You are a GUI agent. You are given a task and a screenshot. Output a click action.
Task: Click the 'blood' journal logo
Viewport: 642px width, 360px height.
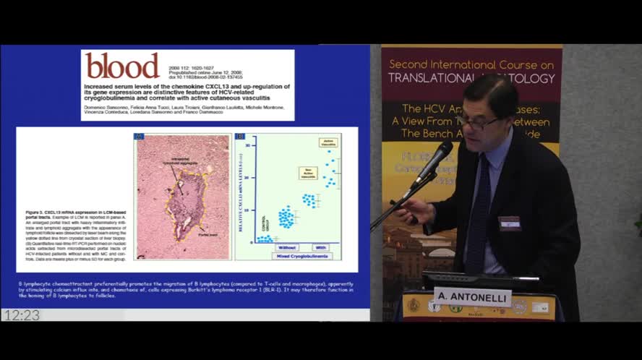122,66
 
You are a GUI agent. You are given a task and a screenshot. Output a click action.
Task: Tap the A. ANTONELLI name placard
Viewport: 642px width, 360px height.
472,296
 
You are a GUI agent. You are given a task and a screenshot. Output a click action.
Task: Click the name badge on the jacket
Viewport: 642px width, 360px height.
509,223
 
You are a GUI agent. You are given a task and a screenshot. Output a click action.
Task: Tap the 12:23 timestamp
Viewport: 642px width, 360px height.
21,315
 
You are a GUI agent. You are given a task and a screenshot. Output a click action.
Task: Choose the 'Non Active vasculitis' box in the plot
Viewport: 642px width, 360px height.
308,173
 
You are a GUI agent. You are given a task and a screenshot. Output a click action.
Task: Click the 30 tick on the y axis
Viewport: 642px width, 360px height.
247,145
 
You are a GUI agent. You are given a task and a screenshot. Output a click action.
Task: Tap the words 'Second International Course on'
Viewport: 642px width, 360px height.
471,64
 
